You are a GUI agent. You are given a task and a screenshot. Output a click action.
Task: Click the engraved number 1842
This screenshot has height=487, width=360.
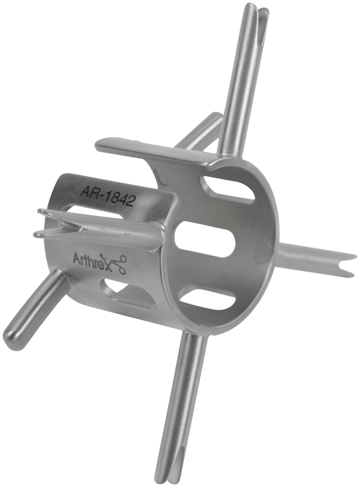pyautogui.click(x=120, y=198)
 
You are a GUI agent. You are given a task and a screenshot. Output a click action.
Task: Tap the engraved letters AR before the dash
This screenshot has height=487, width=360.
pyautogui.click(x=90, y=191)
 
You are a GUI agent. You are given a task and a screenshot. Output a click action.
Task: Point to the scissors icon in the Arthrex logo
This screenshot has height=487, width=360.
pyautogui.click(x=119, y=264)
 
